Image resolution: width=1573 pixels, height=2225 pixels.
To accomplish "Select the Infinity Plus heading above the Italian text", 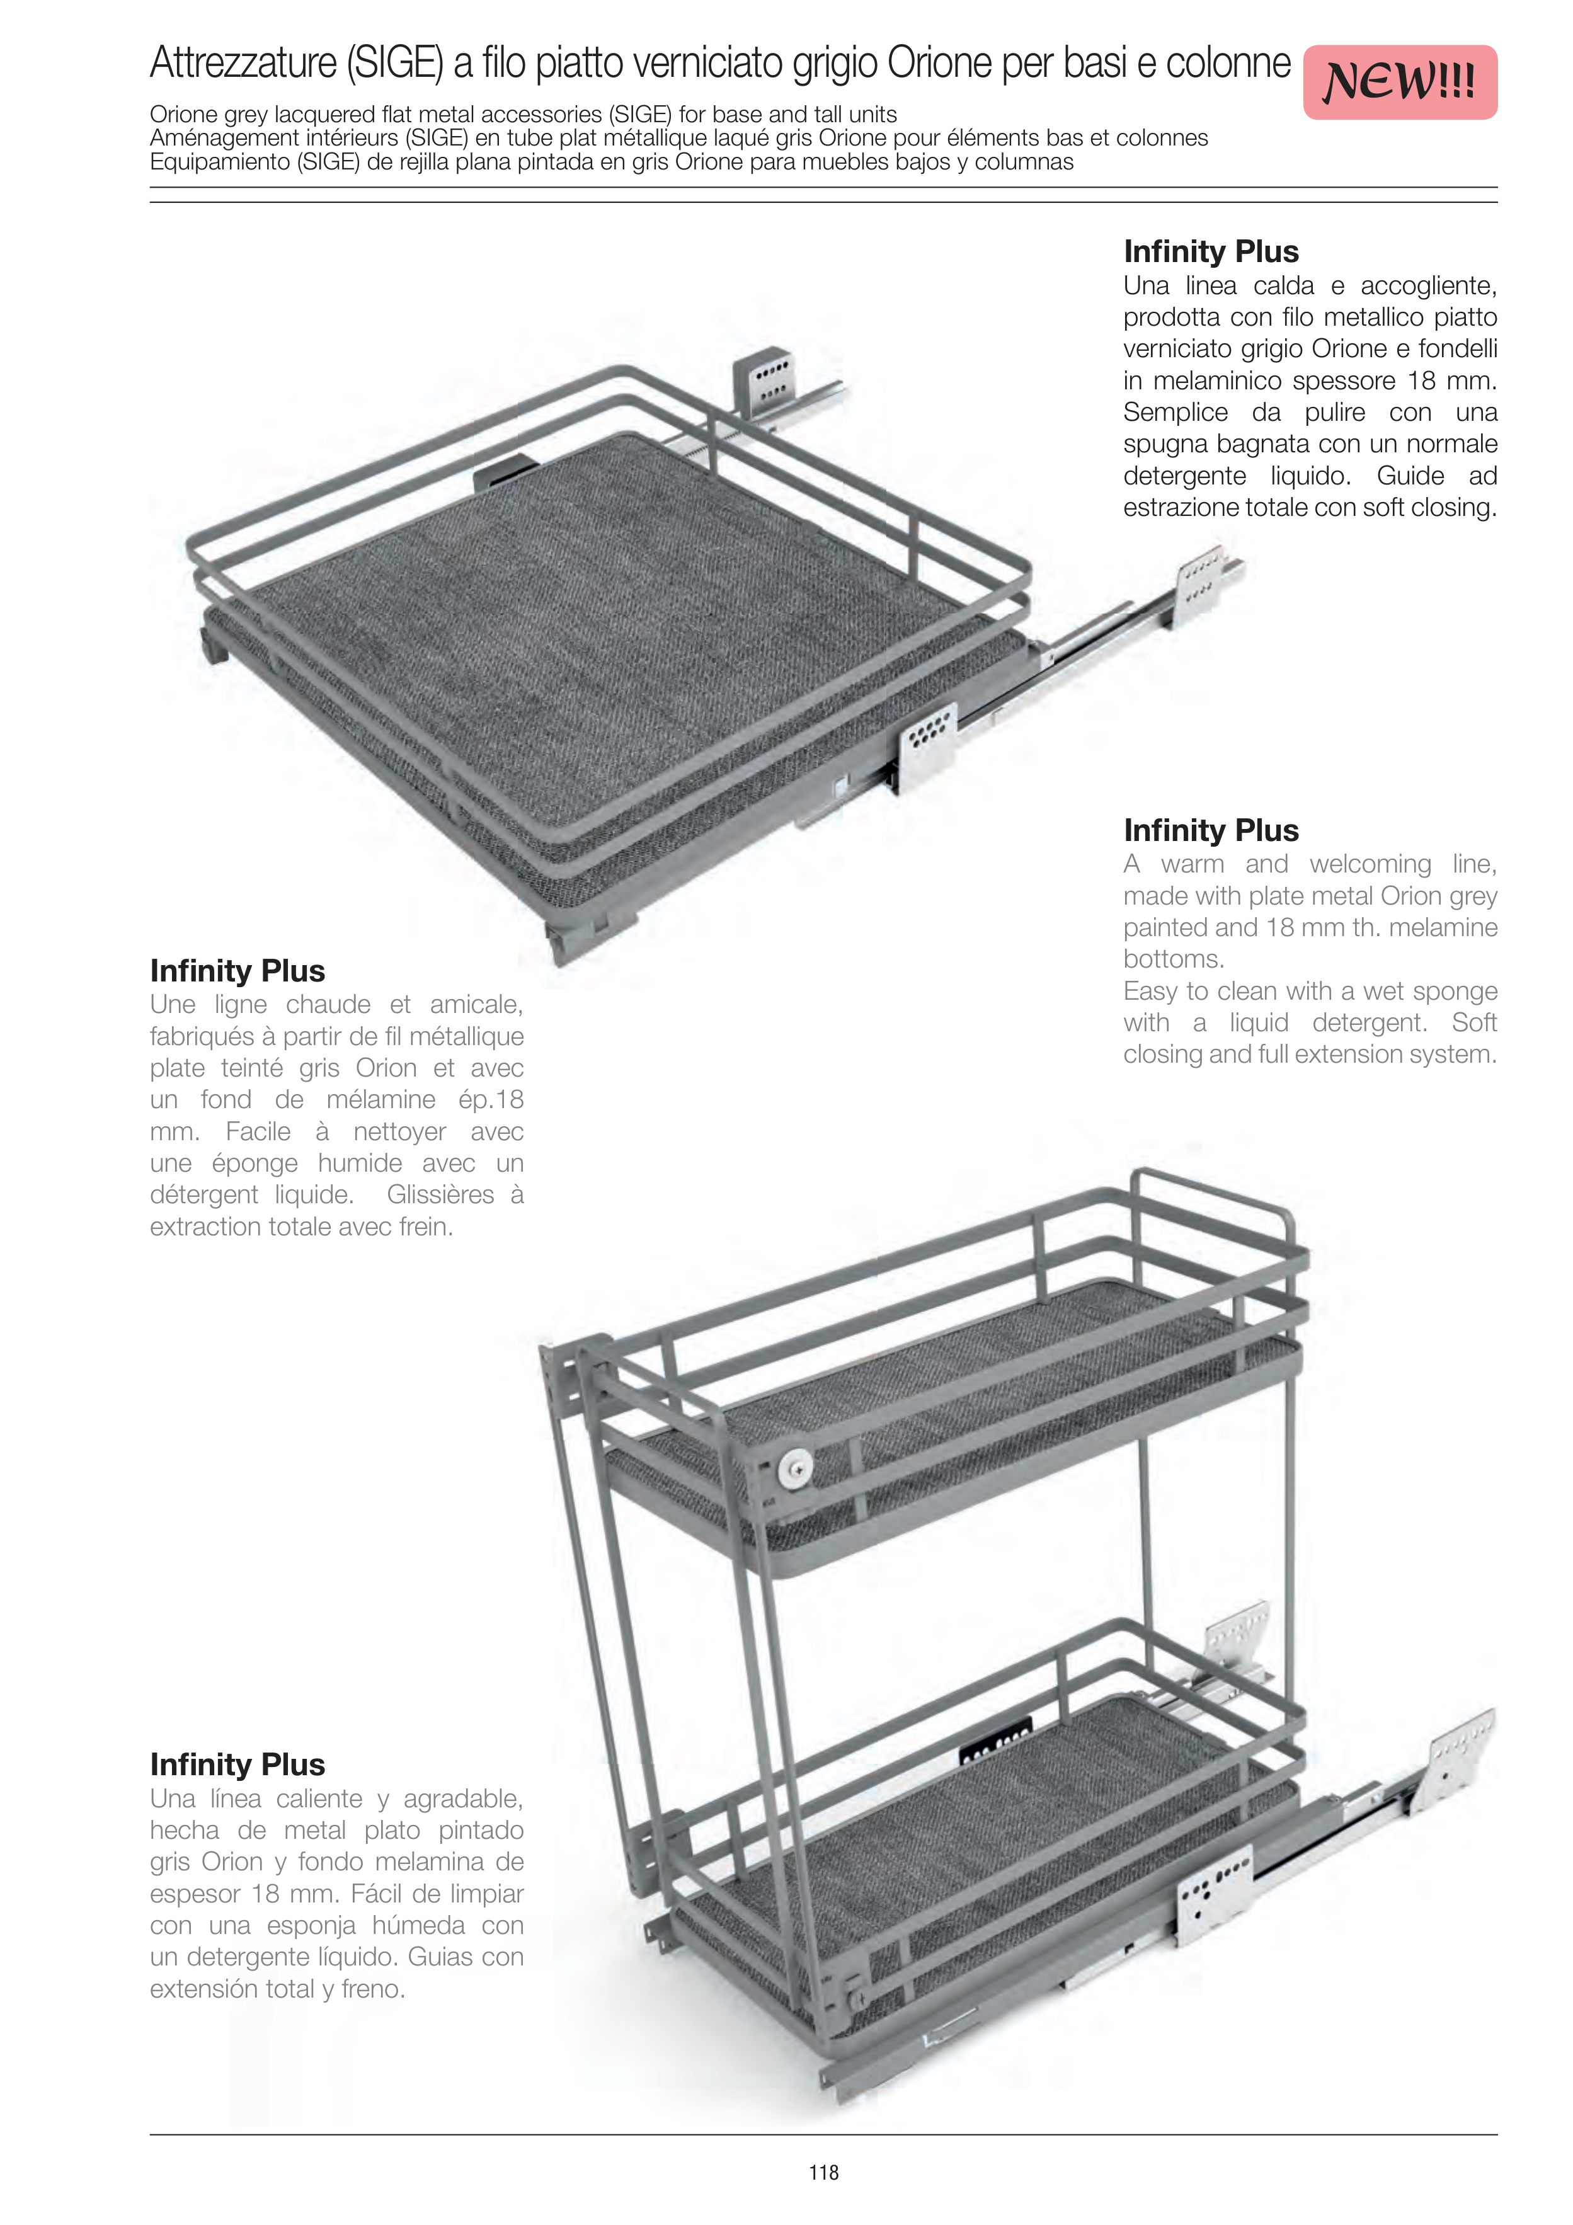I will (x=1211, y=252).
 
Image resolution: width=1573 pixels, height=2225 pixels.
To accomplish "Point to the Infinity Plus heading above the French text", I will (x=237, y=971).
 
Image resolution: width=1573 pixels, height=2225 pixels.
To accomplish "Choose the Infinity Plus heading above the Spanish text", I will (x=237, y=1765).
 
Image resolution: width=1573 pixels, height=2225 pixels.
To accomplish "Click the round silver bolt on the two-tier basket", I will (x=795, y=1468).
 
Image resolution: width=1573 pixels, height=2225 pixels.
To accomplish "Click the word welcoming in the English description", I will (x=1370, y=864).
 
